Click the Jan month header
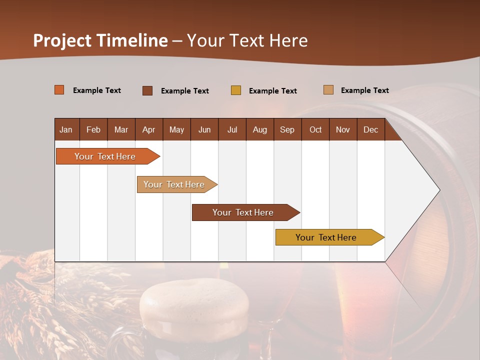66,129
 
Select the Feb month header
93,129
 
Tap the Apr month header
148,129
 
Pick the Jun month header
204,129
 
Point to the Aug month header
259,129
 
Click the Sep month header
287,129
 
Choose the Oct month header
315,129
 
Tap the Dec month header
370,129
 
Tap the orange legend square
59,90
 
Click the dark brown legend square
147,90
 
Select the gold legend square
236,90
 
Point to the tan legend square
328,90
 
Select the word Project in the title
62,40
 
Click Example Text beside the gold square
272,91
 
